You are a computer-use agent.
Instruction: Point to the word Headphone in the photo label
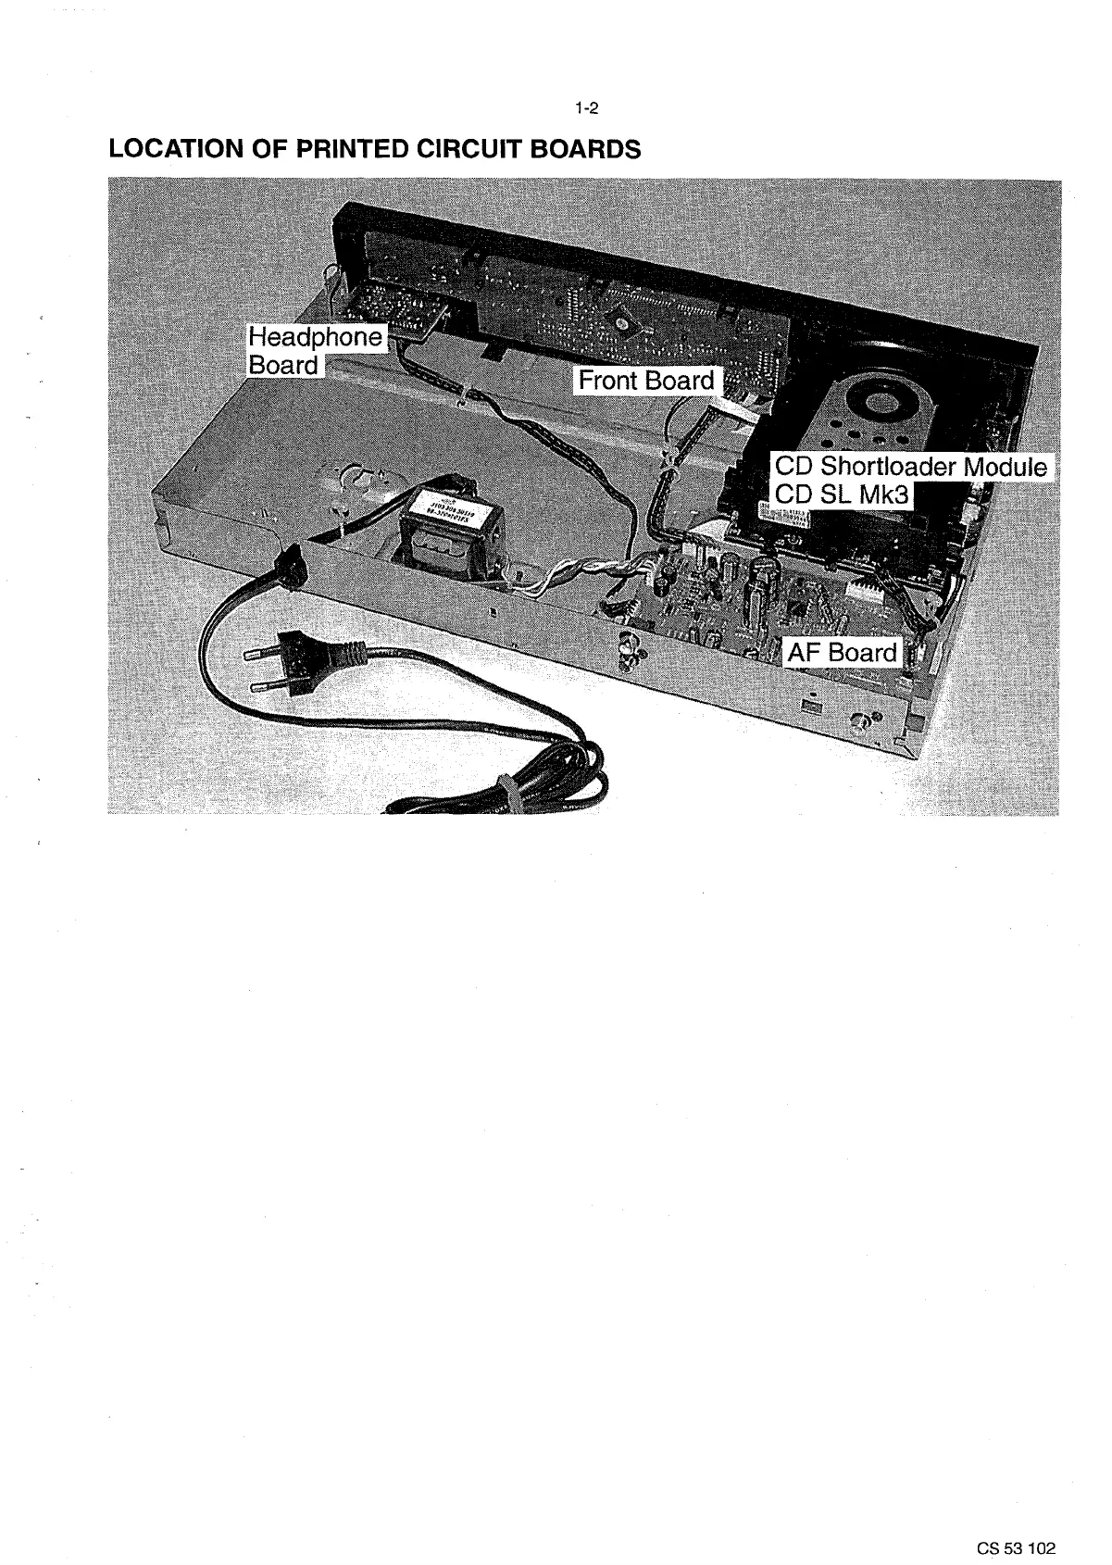(x=314, y=337)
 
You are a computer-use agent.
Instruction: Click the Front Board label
(x=646, y=381)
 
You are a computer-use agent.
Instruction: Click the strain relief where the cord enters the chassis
(x=290, y=565)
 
